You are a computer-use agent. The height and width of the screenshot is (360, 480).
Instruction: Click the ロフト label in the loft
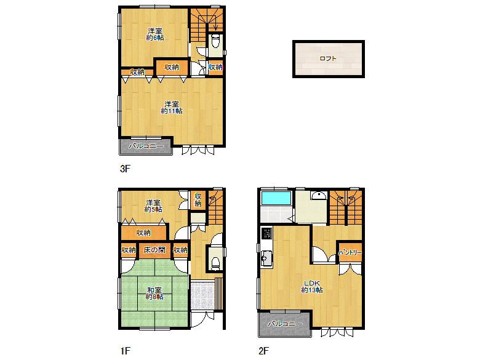tap(328, 58)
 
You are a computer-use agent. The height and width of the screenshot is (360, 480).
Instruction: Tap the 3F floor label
tap(125, 169)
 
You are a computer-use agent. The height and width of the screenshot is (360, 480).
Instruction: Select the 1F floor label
tap(125, 351)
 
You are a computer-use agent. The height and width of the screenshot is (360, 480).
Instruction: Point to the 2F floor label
tap(263, 351)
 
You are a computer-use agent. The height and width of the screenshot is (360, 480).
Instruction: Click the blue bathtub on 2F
tap(276, 198)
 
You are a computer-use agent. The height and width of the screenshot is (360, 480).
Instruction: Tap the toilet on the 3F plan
tap(215, 41)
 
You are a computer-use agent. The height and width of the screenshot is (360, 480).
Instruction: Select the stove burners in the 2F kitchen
tap(266, 233)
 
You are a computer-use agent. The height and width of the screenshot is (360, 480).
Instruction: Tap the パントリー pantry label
tap(350, 253)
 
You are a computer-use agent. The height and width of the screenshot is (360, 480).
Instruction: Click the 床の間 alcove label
tap(154, 250)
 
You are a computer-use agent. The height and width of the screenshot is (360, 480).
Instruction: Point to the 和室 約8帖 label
tap(154, 294)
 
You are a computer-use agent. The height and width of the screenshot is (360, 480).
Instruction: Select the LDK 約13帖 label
tap(311, 286)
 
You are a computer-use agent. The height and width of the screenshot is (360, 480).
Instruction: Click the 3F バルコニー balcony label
tap(146, 146)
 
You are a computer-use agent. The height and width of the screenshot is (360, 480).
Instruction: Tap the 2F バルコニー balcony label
tap(286, 324)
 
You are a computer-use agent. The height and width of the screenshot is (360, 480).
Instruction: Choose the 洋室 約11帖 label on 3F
tap(172, 108)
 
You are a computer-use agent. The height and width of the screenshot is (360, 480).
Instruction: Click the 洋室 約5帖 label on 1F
tap(153, 206)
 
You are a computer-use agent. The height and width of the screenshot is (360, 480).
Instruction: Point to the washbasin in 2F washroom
tap(319, 195)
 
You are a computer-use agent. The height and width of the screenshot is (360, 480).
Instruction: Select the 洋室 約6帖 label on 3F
tap(155, 34)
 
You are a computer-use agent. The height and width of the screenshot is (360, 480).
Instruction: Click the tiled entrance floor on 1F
tap(202, 295)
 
